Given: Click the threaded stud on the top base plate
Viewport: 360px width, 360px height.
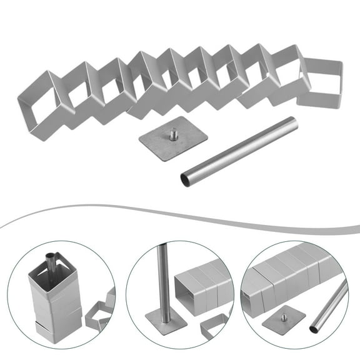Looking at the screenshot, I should (x=171, y=133).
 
